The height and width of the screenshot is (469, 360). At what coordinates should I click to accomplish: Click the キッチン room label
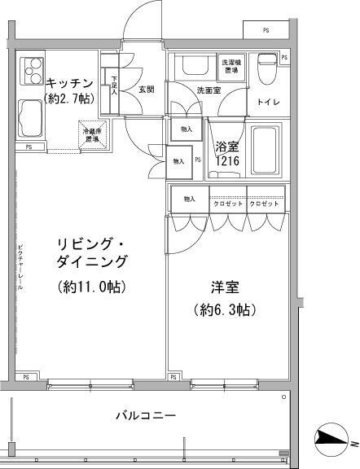pos(68,82)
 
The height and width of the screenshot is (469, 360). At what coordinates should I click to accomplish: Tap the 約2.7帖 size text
pos(68,98)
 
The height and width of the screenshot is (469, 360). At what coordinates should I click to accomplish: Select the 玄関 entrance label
pos(146,90)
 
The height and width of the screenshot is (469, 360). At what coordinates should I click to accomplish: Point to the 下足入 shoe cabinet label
pos(113,86)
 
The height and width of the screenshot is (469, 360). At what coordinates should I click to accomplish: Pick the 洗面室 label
pos(208,90)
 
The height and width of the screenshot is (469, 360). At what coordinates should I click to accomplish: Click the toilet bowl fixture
pos(266,68)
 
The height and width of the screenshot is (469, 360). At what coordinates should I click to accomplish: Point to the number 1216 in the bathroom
pos(227,162)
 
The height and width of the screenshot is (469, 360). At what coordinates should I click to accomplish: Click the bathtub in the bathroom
pos(265,150)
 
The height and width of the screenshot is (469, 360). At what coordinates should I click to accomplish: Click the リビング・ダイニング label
pos(92,252)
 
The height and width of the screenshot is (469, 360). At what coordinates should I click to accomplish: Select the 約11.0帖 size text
pos(92,286)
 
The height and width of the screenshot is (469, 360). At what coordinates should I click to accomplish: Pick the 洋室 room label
pos(226,287)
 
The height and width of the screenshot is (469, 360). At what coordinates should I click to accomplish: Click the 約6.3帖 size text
pos(226,310)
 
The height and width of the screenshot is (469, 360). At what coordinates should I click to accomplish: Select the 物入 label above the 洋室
pos(189,199)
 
